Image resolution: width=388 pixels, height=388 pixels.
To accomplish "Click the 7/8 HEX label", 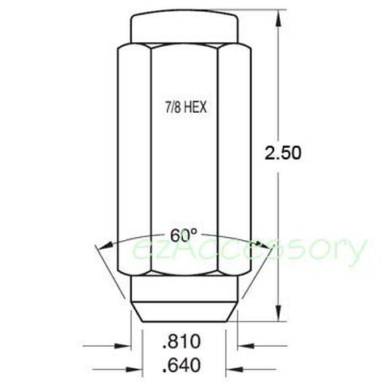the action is (186, 108).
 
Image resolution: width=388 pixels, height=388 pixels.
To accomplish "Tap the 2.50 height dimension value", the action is (283, 153).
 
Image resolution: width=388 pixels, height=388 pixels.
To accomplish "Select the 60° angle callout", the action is (184, 235).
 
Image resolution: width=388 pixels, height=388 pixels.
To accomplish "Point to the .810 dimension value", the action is (181, 341).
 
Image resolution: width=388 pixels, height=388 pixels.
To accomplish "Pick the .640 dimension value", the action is (181, 365).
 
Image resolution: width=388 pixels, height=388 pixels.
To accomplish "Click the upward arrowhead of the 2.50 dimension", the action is (278, 17).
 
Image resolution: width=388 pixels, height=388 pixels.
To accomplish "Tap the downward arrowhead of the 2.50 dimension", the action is (278, 313).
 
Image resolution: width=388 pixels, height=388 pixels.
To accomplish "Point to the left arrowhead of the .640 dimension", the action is (134, 369).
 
